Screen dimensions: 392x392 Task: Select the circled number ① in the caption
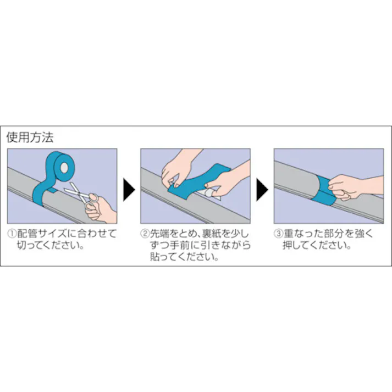[12, 233]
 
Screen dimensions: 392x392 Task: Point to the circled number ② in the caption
[145, 233]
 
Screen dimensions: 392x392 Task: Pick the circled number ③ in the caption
[278, 233]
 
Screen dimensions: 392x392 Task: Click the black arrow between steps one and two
[128, 190]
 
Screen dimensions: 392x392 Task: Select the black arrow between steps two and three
[262, 190]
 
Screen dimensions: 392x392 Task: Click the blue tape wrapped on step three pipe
[319, 190]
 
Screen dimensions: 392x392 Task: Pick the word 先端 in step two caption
[159, 233]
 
